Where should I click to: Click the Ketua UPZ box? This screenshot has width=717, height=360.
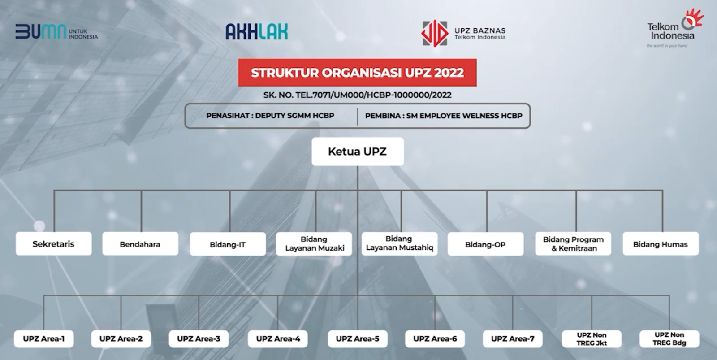358,152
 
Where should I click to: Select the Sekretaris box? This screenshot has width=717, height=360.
54,244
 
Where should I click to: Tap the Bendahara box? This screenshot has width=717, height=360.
140,244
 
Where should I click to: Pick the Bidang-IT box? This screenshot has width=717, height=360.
228,244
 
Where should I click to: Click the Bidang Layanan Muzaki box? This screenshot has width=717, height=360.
314,244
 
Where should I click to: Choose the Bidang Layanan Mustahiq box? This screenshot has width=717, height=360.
399,243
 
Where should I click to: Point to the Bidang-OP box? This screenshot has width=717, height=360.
486,244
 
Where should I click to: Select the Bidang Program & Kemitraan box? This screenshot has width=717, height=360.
573,244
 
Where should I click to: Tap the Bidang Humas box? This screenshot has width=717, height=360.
661,244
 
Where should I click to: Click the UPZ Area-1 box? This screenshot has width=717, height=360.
44,339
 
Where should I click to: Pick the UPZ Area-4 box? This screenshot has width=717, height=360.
278,339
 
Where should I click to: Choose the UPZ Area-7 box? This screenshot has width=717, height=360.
513,339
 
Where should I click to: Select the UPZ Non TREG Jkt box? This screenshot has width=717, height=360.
592,339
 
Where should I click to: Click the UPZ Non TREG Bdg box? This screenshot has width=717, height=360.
669,339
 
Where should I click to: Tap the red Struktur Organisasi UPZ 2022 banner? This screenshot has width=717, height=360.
357,72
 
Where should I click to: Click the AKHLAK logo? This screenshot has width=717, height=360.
257,31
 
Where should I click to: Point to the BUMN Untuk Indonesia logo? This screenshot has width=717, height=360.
56,31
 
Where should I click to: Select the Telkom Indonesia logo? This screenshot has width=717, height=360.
675,28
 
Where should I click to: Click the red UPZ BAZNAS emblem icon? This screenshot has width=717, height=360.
434,33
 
